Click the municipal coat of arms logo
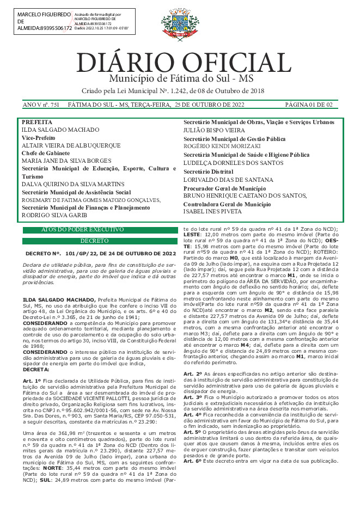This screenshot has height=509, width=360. pyautogui.click(x=179, y=24)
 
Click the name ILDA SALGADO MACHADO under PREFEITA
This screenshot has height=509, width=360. pyautogui.click(x=60, y=130)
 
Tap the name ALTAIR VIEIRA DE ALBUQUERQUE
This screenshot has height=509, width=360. pyautogui.click(x=71, y=146)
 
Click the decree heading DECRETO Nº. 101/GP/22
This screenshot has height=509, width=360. pyautogui.click(x=101, y=253)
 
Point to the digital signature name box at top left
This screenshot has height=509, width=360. pyautogui.click(x=44, y=21)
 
